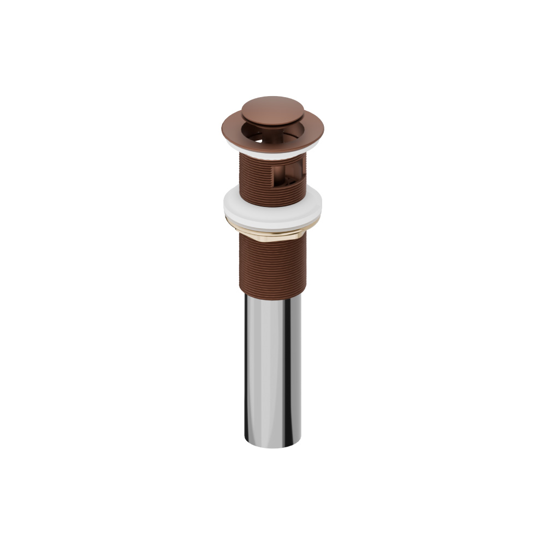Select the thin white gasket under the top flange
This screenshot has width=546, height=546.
(273, 146)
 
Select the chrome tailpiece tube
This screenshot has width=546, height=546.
(273, 371)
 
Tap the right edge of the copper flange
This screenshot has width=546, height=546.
(323, 128)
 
